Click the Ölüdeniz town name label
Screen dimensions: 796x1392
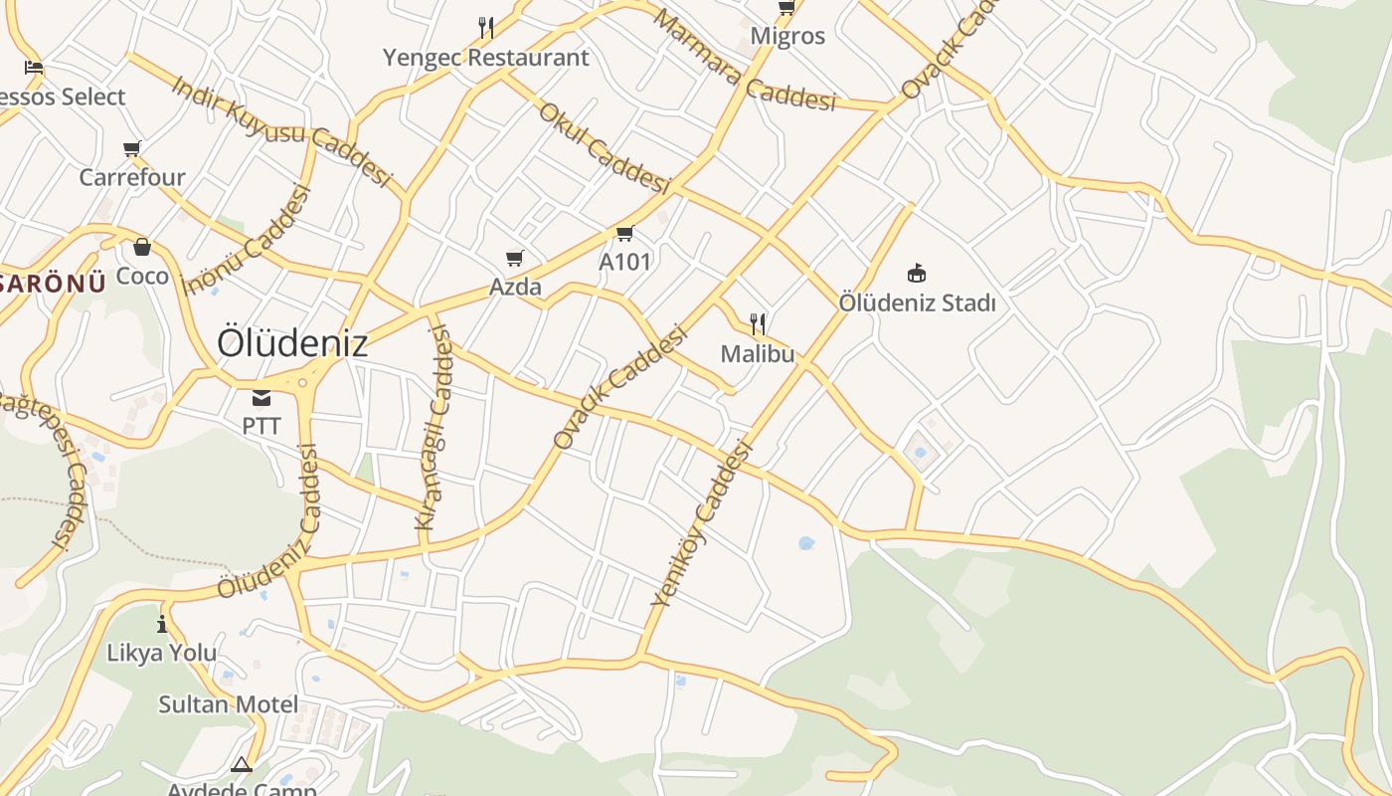[292, 343]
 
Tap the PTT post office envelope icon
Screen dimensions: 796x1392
[261, 398]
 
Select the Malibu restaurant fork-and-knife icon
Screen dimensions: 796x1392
[758, 323]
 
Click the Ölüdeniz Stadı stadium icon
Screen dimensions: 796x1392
[917, 273]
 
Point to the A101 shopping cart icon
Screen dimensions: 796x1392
[624, 234]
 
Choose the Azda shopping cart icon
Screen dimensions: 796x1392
[515, 259]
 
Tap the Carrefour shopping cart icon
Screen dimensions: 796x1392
[132, 149]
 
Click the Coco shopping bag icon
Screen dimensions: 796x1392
[142, 247]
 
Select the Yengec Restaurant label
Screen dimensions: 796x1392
[486, 58]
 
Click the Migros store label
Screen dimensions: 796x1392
[787, 36]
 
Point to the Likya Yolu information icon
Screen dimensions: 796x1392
[162, 624]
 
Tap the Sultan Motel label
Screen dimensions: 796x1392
[229, 704]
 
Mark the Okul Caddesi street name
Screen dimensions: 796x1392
[605, 147]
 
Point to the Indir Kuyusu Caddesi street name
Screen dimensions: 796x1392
[281, 129]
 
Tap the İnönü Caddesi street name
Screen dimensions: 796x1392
[248, 241]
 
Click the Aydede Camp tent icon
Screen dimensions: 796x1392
[241, 765]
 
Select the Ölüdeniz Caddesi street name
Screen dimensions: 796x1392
[268, 521]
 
